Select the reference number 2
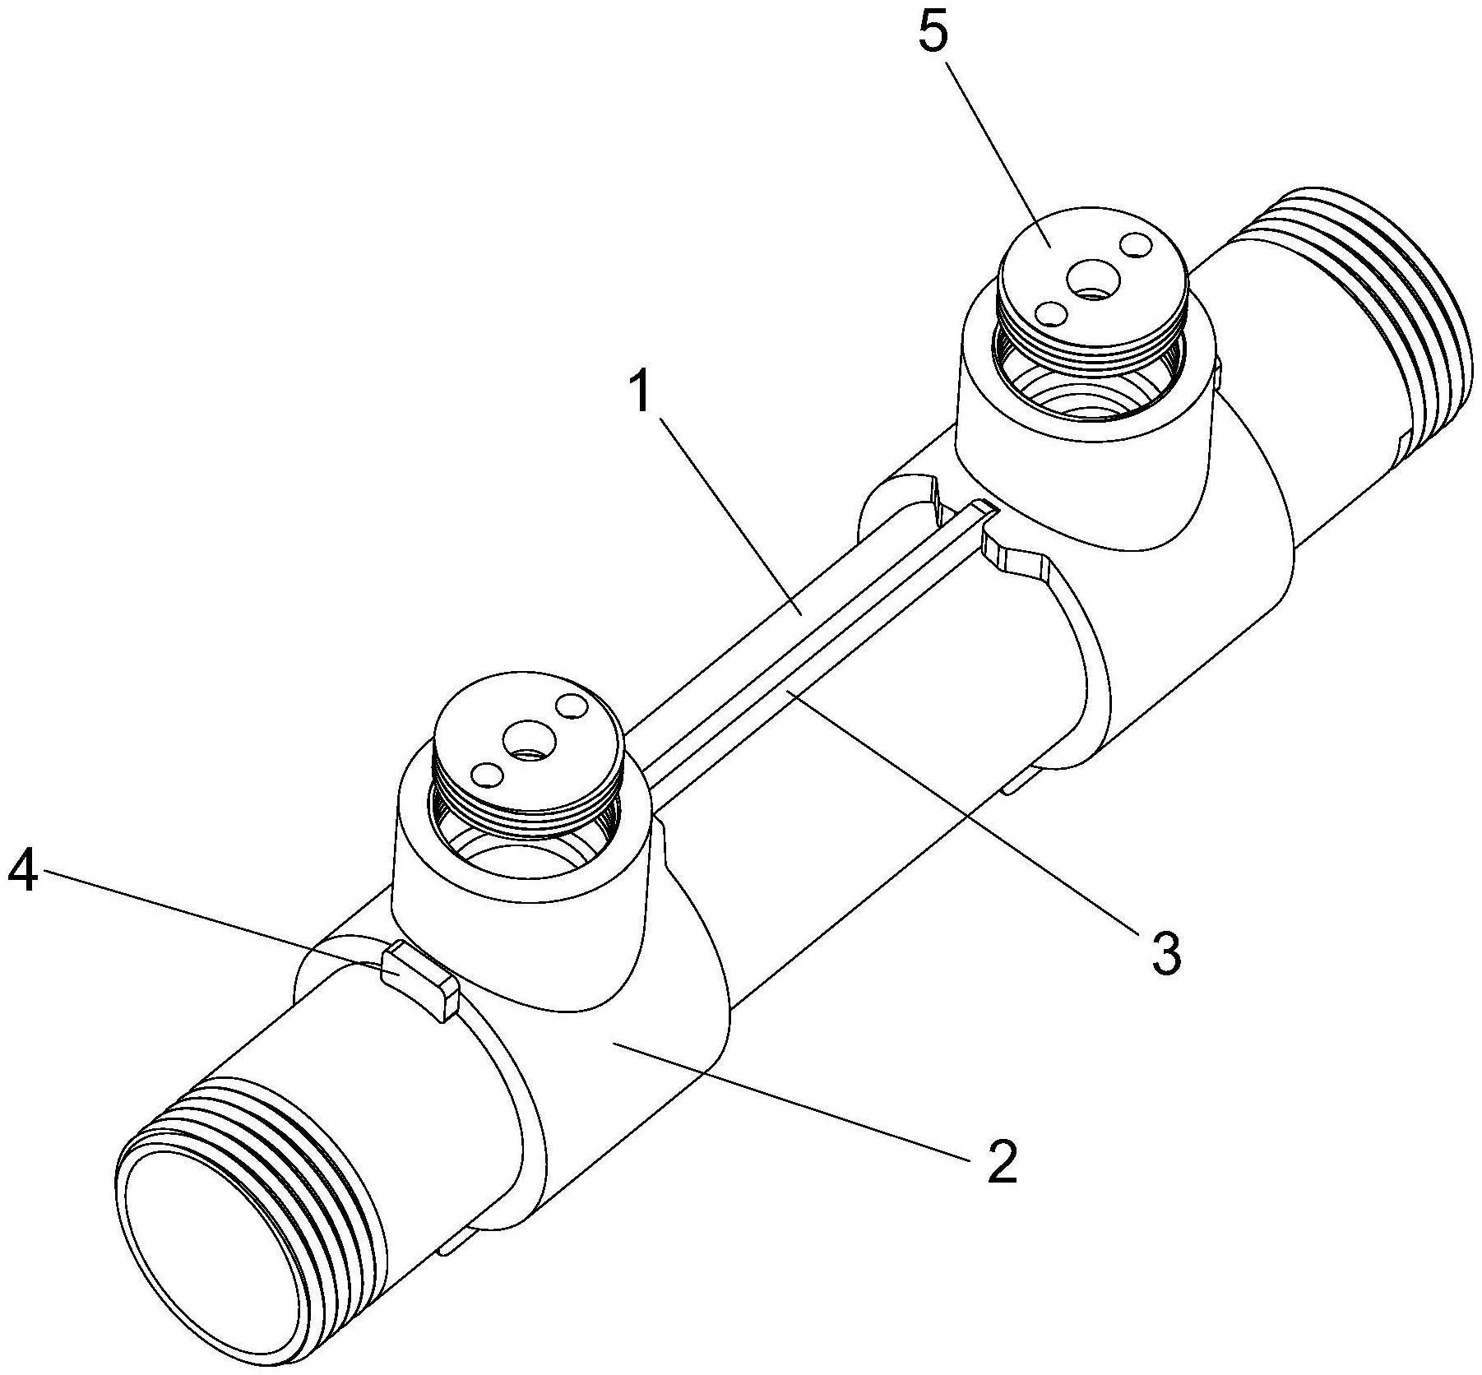tap(1001, 1160)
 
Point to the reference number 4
tap(22, 870)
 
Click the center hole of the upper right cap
tap(1091, 282)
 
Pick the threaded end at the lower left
tap(271, 1168)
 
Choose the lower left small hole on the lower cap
tap(486, 774)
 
